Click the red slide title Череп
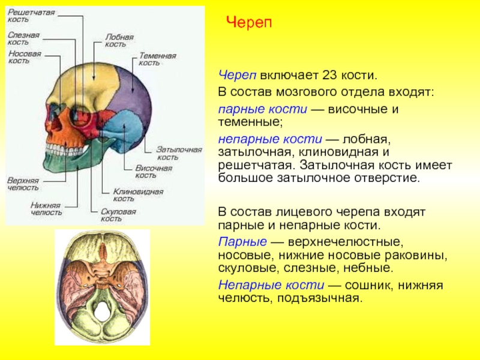coord(249,22)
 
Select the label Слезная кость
coord(24,38)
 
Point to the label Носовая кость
coord(25,57)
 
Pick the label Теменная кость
coord(157,59)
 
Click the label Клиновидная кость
coord(132,194)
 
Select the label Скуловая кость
coord(118,215)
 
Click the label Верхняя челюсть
coord(23,184)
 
